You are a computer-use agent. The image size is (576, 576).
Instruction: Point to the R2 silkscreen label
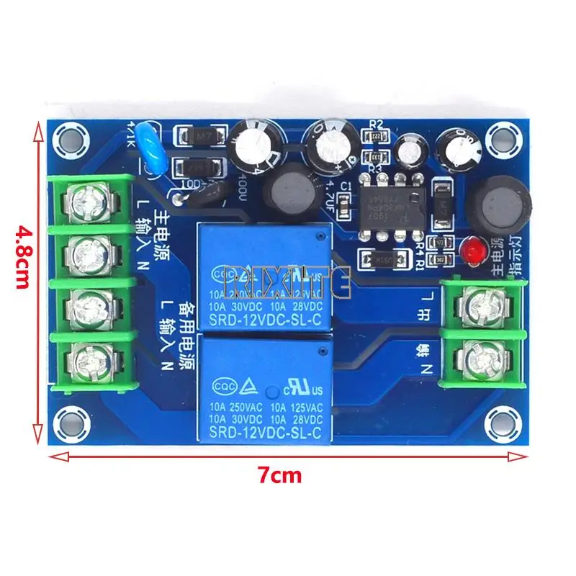coord(374,124)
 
